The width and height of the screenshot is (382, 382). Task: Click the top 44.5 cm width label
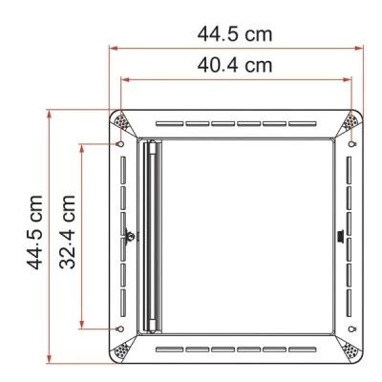click(234, 34)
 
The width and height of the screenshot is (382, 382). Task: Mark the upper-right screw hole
click(353, 144)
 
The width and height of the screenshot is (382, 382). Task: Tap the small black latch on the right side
click(342, 236)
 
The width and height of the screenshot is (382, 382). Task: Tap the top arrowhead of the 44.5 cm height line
click(50, 112)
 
